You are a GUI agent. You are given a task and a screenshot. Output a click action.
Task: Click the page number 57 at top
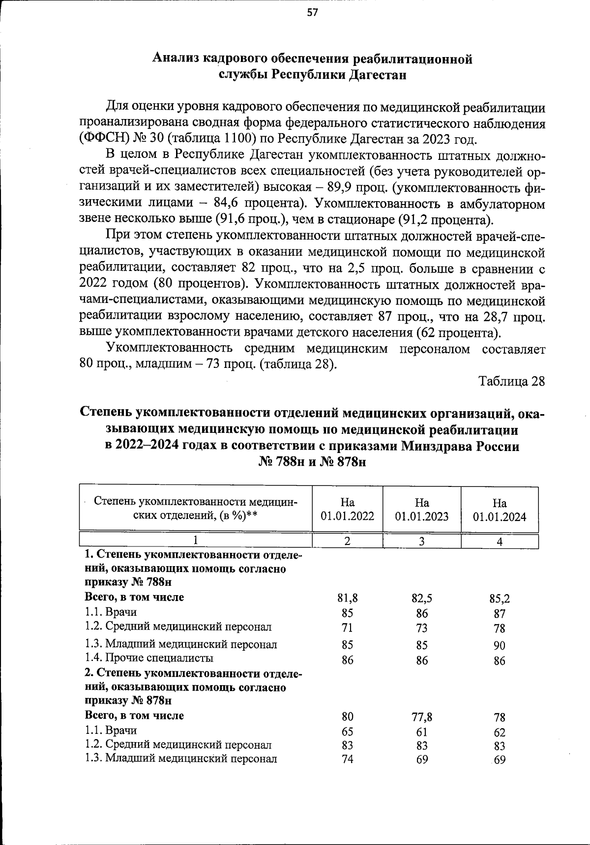(x=313, y=13)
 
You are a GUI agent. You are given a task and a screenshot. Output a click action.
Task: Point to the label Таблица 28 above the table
(x=512, y=382)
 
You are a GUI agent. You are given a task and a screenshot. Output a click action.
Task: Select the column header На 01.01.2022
(x=348, y=509)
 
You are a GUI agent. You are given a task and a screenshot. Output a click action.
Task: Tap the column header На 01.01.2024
(x=500, y=510)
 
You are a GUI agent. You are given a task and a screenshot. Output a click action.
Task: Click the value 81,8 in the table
(x=348, y=598)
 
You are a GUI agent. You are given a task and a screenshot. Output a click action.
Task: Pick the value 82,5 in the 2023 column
(x=422, y=598)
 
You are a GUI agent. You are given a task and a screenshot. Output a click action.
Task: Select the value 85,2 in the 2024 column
(x=500, y=599)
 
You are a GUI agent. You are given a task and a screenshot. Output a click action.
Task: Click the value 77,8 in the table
(x=422, y=717)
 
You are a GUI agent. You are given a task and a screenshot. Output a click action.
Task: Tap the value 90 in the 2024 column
(x=500, y=646)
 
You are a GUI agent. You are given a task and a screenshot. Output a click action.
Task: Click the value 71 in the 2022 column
(x=348, y=628)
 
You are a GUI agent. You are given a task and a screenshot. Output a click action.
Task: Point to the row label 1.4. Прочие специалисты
(x=149, y=658)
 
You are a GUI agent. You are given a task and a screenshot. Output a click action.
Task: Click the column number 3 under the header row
(x=422, y=541)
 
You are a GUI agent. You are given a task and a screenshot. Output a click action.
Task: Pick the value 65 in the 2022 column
(x=348, y=731)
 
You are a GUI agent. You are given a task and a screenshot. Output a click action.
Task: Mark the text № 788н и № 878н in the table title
(x=313, y=463)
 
